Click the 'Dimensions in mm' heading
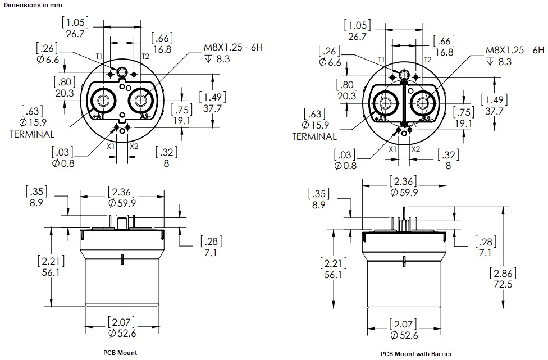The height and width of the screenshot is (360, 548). (31, 4)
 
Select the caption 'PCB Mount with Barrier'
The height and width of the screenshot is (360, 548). (416, 354)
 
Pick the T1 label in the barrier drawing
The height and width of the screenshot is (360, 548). (381, 60)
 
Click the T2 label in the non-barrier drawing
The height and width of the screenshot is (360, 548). (145, 56)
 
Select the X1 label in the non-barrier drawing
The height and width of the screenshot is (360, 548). (111, 145)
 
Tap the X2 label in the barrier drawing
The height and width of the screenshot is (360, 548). (415, 149)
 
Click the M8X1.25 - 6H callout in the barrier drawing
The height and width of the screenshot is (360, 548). (515, 50)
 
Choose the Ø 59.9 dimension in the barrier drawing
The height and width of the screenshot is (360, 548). (403, 192)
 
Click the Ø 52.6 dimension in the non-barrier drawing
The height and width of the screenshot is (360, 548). (121, 334)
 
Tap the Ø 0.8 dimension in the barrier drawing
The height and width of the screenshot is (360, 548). (345, 166)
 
